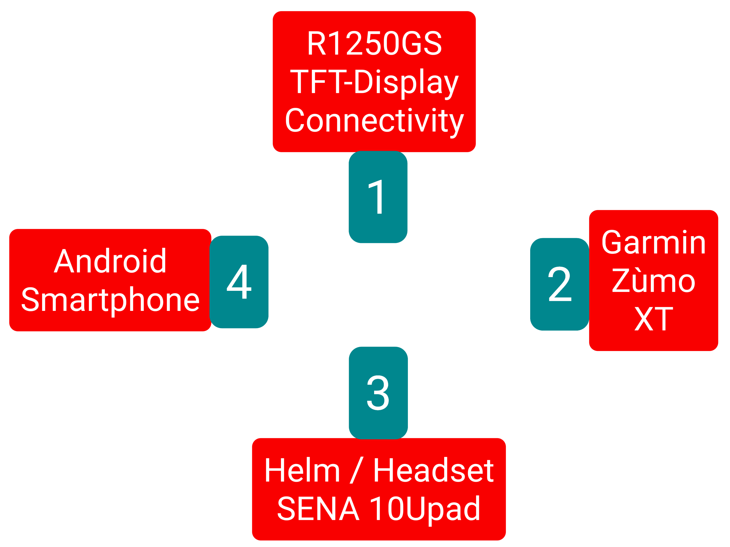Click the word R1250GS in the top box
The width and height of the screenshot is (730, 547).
click(374, 43)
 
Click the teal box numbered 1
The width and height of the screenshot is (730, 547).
click(378, 197)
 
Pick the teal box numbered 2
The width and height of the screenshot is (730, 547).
click(559, 284)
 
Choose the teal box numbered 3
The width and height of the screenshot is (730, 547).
click(378, 393)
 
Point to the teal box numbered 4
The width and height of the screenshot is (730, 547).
click(239, 282)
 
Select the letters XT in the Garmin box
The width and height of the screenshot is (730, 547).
click(653, 318)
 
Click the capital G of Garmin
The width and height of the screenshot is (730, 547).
click(612, 242)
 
